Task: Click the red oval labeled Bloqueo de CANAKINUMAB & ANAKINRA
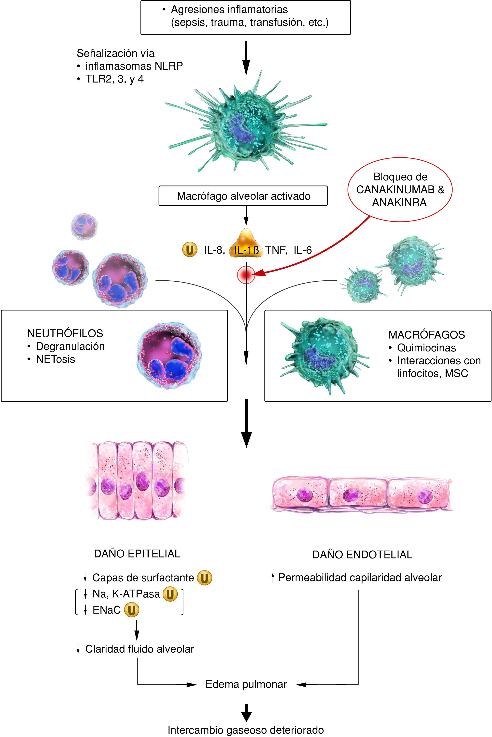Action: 400,190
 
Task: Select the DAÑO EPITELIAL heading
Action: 137,553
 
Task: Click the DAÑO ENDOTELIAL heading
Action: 362,555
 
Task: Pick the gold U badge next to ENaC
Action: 131,610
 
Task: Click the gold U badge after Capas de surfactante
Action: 205,578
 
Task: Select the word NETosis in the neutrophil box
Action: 55,359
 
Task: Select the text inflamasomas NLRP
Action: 134,66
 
